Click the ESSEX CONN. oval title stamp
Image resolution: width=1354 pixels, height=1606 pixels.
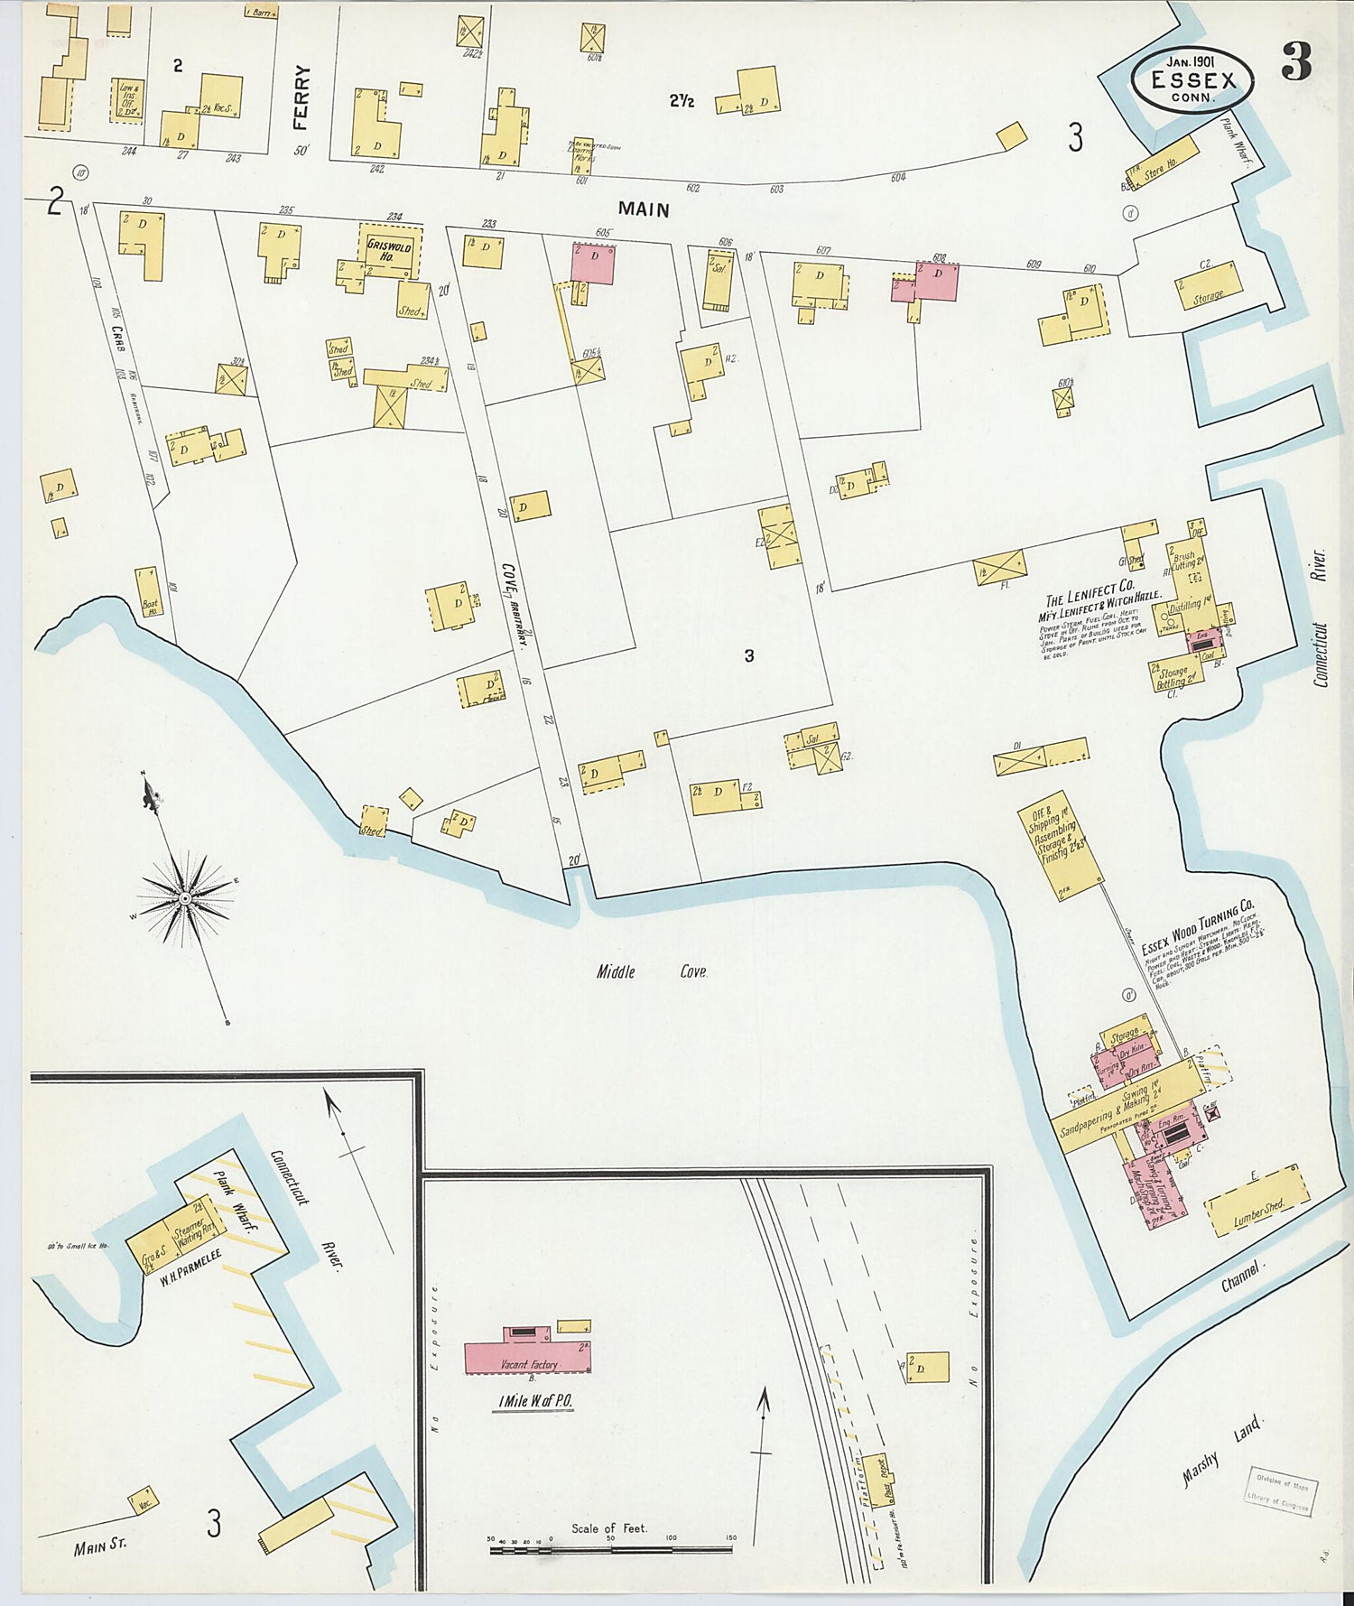pos(1193,79)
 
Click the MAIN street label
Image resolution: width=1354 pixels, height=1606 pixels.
pos(644,209)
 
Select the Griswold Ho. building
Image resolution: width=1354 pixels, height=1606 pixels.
pos(389,251)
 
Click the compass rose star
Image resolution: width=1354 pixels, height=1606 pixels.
pos(185,897)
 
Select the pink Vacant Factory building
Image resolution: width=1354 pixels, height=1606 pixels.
pos(526,1357)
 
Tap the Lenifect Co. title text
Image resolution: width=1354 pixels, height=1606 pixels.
pos(1090,593)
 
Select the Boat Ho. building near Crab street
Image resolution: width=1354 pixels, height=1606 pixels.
pos(149,592)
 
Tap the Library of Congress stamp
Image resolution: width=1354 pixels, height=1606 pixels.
pos(1283,1490)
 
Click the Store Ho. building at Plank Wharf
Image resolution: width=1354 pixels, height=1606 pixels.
pos(1164,162)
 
